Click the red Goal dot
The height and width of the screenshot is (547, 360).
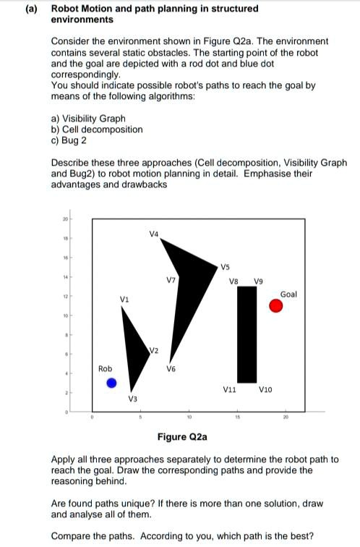[276, 306]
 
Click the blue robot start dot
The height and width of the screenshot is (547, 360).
[111, 383]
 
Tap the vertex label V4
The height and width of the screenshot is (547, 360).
[153, 234]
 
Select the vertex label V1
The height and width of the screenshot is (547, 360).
[124, 299]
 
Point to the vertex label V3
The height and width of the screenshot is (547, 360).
[133, 399]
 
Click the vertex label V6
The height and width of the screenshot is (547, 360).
[171, 367]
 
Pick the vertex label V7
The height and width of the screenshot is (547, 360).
[171, 279]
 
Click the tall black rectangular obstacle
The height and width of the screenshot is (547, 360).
[247, 333]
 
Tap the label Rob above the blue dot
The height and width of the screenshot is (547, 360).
[104, 369]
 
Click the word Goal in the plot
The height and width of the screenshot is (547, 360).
[288, 294]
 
